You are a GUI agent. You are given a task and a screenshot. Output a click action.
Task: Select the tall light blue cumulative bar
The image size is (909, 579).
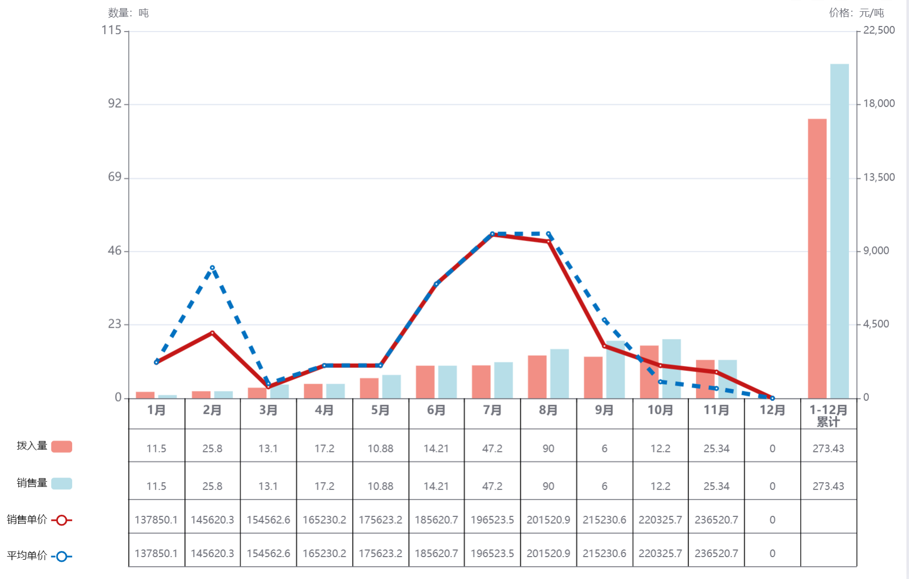(839, 231)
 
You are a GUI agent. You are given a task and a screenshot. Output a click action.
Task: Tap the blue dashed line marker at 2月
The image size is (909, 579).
(212, 268)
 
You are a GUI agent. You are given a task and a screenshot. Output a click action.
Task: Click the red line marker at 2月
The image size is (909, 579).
(212, 333)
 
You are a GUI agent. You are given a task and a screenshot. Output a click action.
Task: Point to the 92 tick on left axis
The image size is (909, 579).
(115, 104)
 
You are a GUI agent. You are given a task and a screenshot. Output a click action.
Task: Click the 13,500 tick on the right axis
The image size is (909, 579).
(879, 178)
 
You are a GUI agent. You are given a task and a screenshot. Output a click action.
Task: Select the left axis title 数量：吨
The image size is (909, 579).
(128, 13)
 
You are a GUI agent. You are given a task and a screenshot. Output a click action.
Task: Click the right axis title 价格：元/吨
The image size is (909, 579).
(856, 13)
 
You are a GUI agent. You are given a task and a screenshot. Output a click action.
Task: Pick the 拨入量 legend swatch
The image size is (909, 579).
(61, 446)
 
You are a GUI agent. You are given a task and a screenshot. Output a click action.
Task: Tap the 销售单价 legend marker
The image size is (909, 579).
(61, 520)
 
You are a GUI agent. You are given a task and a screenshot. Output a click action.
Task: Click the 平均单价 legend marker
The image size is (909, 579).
(61, 557)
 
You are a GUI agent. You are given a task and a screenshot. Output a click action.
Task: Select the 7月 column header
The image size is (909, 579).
(492, 410)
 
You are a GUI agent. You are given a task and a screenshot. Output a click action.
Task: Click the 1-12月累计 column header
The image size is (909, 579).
(828, 415)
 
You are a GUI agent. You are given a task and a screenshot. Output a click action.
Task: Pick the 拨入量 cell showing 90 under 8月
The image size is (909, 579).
(548, 448)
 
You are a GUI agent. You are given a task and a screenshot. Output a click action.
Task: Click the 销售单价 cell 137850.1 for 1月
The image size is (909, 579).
(156, 519)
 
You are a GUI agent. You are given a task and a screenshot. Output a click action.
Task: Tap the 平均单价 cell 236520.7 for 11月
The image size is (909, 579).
(716, 553)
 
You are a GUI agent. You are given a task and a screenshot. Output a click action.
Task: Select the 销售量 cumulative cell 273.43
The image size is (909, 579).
(828, 486)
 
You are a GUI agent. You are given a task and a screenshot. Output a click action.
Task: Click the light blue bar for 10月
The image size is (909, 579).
(671, 368)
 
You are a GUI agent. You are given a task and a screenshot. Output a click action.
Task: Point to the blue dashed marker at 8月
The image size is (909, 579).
(549, 234)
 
